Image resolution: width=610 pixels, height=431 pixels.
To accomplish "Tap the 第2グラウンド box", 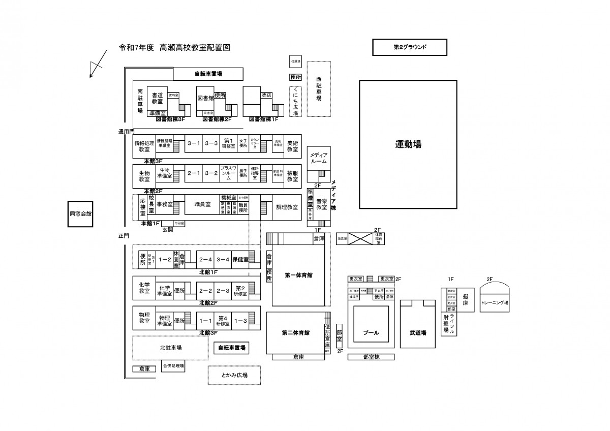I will pos(410,47).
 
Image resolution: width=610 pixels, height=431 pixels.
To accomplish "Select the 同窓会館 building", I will pos(81,214).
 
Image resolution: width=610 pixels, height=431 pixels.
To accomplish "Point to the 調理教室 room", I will pos(287,207).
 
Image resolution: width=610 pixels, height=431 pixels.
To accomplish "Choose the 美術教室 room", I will pos(292,146).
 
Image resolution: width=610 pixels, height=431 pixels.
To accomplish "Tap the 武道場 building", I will pos(418,333).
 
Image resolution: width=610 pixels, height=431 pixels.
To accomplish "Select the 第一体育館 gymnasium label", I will pos(298,275).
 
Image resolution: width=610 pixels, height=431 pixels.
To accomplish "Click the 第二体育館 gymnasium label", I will pos(296,333).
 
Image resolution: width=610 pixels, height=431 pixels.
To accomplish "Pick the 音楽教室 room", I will pos(321,204).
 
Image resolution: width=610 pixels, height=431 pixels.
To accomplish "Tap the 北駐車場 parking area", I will pos(171,348).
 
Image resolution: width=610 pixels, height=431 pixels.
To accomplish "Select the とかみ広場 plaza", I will pos(234,375).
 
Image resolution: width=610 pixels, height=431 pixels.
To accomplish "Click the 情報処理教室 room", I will pos(144,146).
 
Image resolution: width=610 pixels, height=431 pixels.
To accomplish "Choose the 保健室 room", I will pos(240,259).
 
